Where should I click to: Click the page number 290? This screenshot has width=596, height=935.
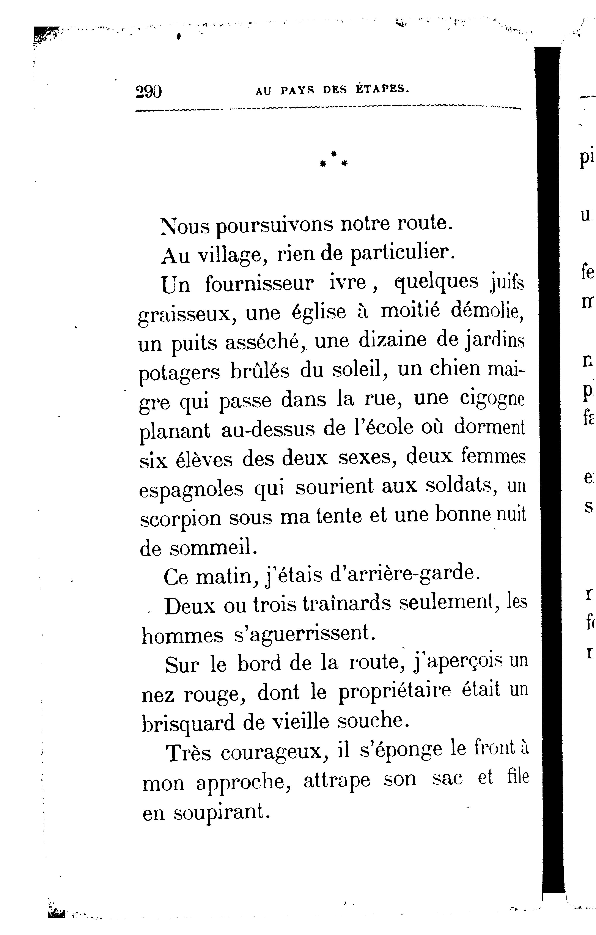149,92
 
